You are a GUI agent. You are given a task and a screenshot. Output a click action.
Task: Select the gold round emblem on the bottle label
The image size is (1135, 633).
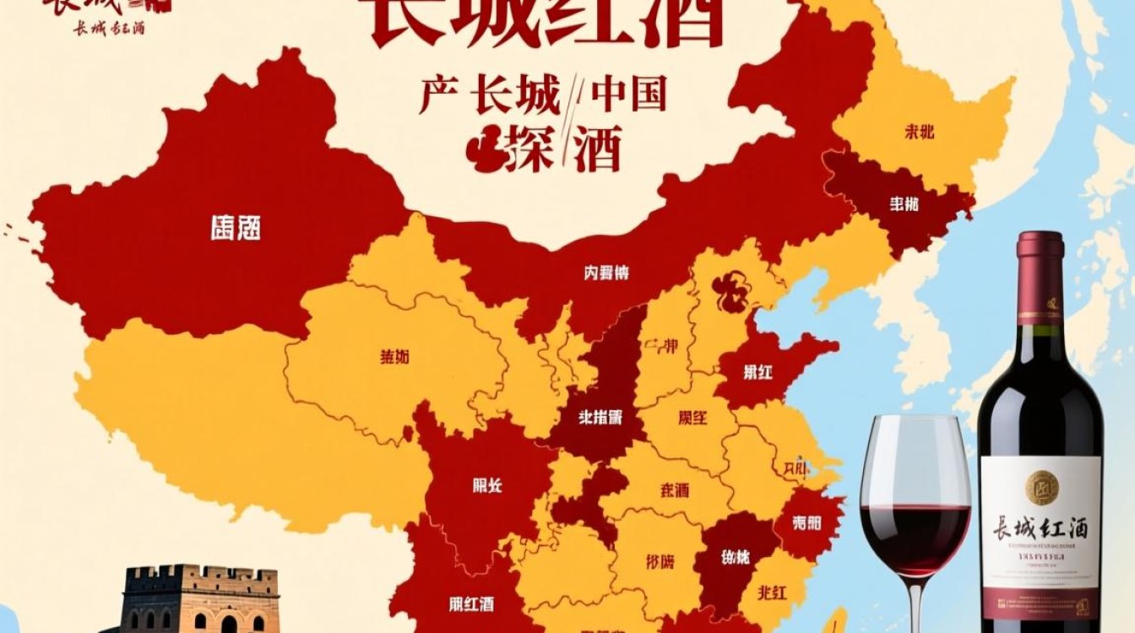click(1041, 487)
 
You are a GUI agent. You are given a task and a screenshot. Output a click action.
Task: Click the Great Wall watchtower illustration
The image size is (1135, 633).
click(199, 599)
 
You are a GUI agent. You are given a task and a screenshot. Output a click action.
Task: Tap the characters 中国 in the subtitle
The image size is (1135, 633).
click(629, 95)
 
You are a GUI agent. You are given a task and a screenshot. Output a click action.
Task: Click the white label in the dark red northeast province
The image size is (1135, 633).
click(904, 203)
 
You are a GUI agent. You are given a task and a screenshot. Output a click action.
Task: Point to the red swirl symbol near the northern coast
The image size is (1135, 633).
click(730, 292)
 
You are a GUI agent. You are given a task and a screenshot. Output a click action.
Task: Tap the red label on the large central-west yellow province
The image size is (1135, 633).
click(395, 356)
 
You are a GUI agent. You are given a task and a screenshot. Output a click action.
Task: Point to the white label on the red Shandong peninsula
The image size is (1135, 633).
click(758, 371)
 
